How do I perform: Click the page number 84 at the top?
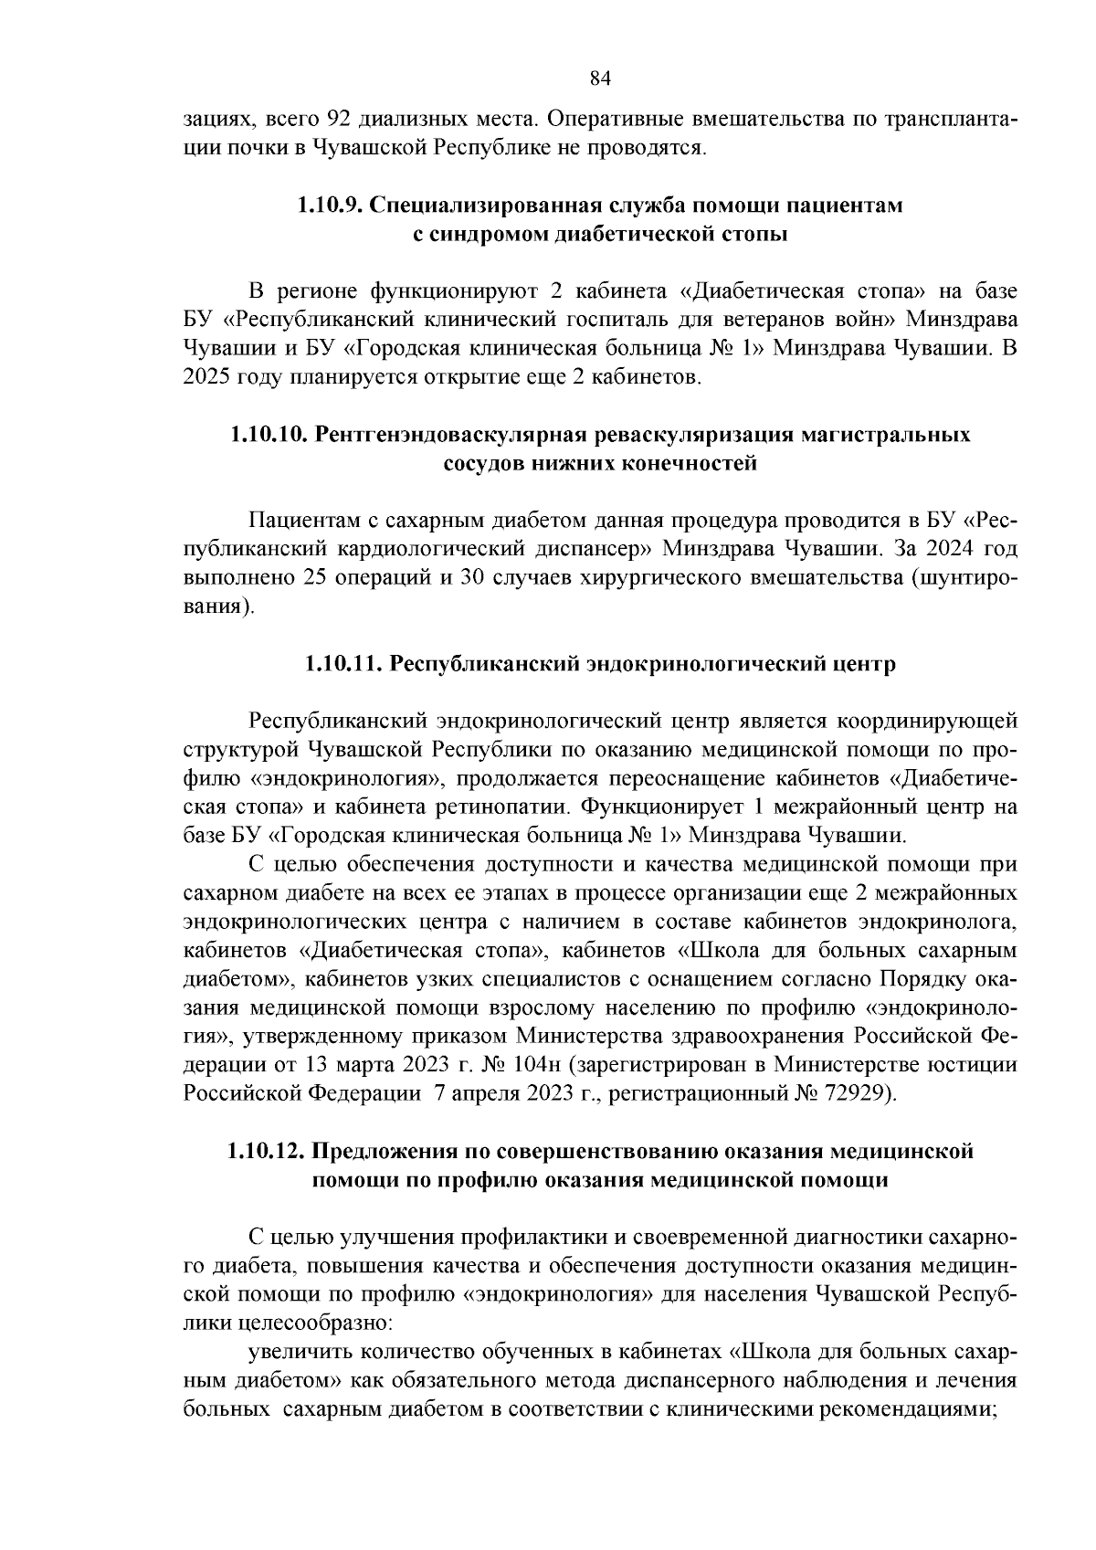click(x=599, y=78)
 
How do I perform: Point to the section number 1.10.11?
click(x=344, y=664)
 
